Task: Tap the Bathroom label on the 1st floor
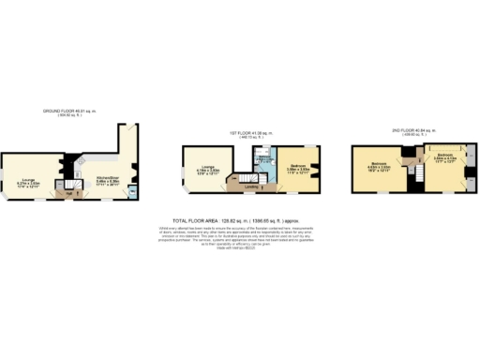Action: tap(265, 161)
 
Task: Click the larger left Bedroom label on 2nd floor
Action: tap(379, 165)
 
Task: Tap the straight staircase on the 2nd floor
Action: tap(413, 174)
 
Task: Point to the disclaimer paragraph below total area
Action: tap(239, 235)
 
